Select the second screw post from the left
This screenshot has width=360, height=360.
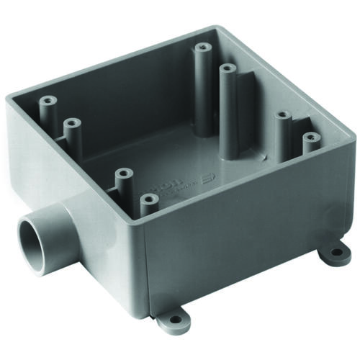coord(70,125)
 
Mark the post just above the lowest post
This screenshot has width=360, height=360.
coord(123,174)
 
